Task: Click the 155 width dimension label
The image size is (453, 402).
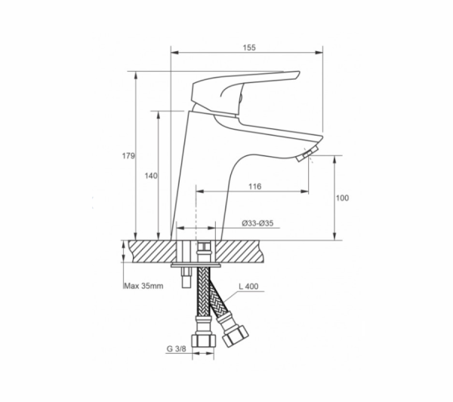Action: [x=249, y=48]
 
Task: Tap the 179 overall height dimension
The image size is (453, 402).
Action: [x=128, y=156]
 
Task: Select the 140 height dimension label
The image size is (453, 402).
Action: [x=151, y=176]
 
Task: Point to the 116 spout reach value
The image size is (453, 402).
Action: [x=255, y=186]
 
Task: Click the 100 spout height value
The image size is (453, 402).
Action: [x=342, y=198]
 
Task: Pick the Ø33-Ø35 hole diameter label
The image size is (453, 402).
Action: [x=257, y=223]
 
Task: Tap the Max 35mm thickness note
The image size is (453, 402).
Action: [x=143, y=286]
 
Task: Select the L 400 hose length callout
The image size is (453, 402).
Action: [x=248, y=287]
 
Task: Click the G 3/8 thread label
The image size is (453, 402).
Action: [x=177, y=348]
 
